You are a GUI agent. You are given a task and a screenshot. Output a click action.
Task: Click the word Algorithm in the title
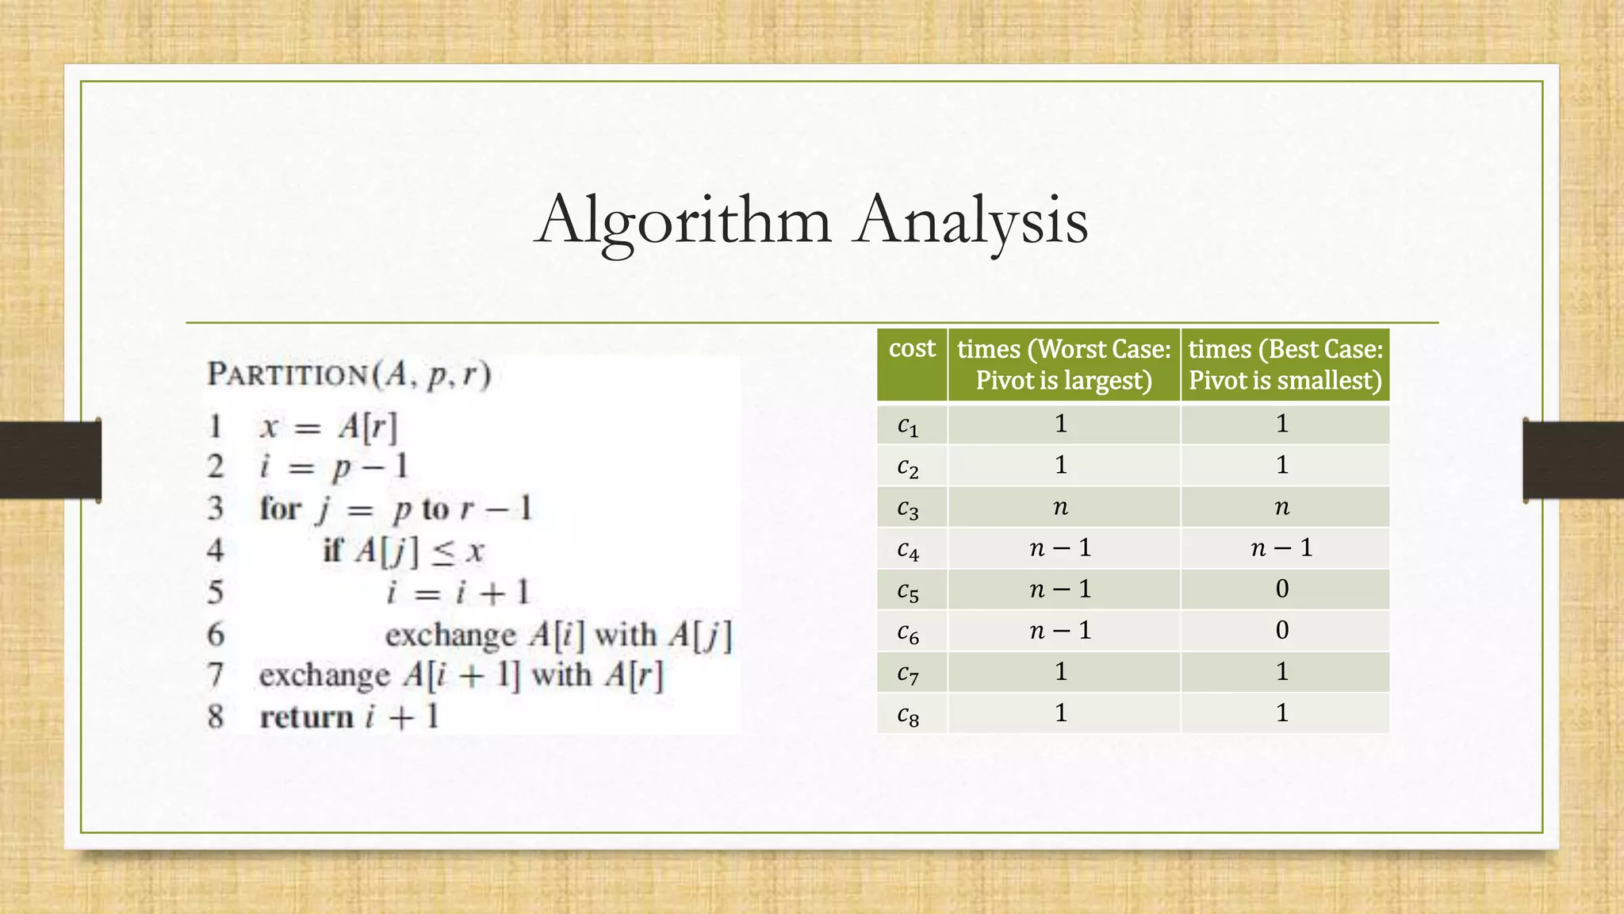point(684,221)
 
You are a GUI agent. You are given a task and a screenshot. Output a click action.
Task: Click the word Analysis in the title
point(971,221)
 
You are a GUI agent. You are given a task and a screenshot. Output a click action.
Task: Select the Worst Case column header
point(1063,364)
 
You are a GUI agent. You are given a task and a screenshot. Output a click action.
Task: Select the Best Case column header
point(1285,364)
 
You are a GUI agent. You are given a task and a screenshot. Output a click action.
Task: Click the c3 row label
point(908,508)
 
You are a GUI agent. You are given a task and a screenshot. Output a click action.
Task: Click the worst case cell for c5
point(1061,589)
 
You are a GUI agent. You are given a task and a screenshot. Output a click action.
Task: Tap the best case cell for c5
point(1282,589)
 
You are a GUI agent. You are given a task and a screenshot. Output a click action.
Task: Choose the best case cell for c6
point(1282,631)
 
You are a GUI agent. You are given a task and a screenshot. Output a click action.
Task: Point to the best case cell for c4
point(1282,548)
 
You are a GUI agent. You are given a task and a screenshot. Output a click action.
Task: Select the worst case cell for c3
point(1061,507)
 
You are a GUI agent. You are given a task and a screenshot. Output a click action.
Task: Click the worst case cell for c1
point(1061,424)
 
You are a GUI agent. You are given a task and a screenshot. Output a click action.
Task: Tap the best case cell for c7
point(1282,673)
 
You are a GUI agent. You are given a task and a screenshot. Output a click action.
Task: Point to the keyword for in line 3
point(281,509)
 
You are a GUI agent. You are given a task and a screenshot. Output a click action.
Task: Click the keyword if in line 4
point(333,550)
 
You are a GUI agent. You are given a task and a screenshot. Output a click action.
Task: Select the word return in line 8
point(306,717)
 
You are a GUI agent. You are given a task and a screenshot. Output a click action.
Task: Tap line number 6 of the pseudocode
point(216,635)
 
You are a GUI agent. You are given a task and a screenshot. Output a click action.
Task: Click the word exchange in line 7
point(324,676)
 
